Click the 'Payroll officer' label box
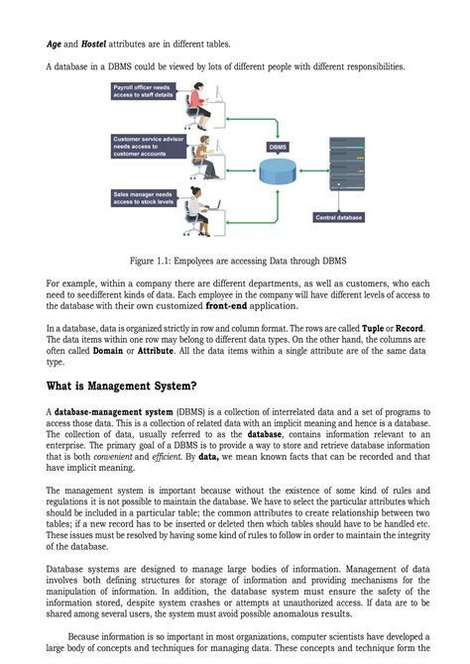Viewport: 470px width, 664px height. coord(146,92)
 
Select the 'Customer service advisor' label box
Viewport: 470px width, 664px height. coord(147,146)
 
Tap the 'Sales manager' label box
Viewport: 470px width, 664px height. coord(145,197)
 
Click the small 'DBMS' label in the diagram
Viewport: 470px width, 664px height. coord(279,147)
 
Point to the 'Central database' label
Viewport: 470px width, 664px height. coord(338,217)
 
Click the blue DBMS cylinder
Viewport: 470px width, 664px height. coord(279,170)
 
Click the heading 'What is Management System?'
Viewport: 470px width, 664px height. coord(121,386)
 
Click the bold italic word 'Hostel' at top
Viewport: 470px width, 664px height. coord(95,44)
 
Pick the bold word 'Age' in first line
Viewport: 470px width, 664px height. coord(55,44)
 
